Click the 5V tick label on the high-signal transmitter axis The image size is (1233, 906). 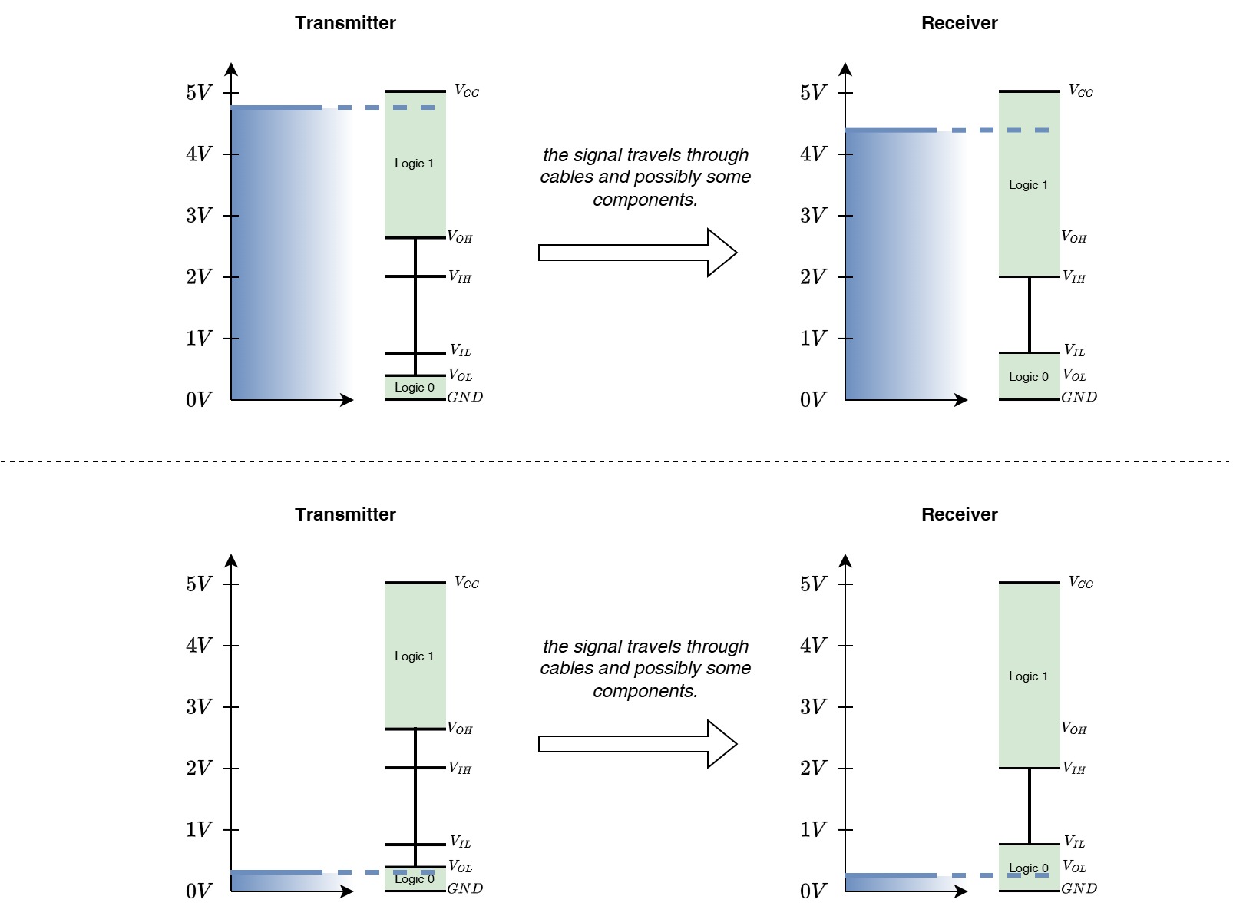199,92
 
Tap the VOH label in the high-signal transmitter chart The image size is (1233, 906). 460,237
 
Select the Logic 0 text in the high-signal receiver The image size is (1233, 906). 1028,377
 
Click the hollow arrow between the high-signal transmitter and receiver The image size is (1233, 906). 637,253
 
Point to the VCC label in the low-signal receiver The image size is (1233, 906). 1080,582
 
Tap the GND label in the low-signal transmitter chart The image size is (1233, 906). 464,888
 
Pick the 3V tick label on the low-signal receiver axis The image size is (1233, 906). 813,706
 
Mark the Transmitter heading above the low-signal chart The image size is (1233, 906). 345,514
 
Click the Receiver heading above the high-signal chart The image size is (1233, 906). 960,23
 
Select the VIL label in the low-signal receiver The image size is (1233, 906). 1074,842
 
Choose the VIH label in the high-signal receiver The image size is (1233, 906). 1073,276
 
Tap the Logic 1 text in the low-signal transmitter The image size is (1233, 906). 414,656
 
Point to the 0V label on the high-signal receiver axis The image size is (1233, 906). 813,399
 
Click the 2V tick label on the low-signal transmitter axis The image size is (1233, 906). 199,769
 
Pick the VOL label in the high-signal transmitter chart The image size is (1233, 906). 460,375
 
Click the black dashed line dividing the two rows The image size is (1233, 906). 616,461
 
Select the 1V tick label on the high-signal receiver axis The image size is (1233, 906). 813,338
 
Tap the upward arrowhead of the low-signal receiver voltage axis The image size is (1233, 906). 845,560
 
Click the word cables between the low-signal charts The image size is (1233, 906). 567,668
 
